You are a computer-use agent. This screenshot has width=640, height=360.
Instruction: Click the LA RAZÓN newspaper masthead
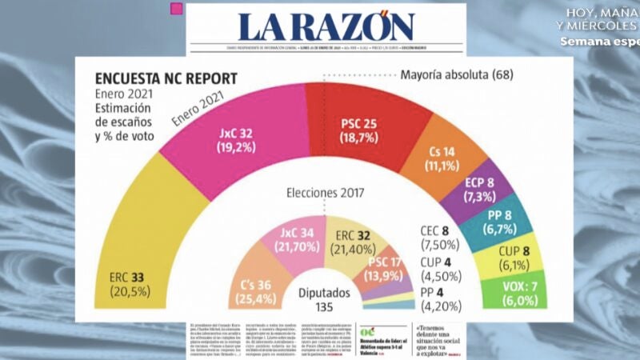pos(326,27)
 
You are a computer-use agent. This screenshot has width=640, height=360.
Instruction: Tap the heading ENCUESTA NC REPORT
pos(166,79)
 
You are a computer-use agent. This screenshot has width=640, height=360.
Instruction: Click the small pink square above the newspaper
pos(177,10)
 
